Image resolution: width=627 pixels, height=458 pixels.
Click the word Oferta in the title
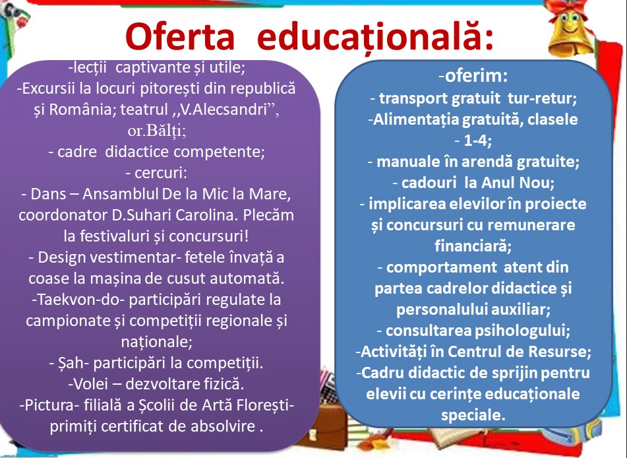[179, 36]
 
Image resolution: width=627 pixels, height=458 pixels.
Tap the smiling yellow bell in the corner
[570, 29]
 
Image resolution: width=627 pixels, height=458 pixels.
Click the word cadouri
[429, 183]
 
